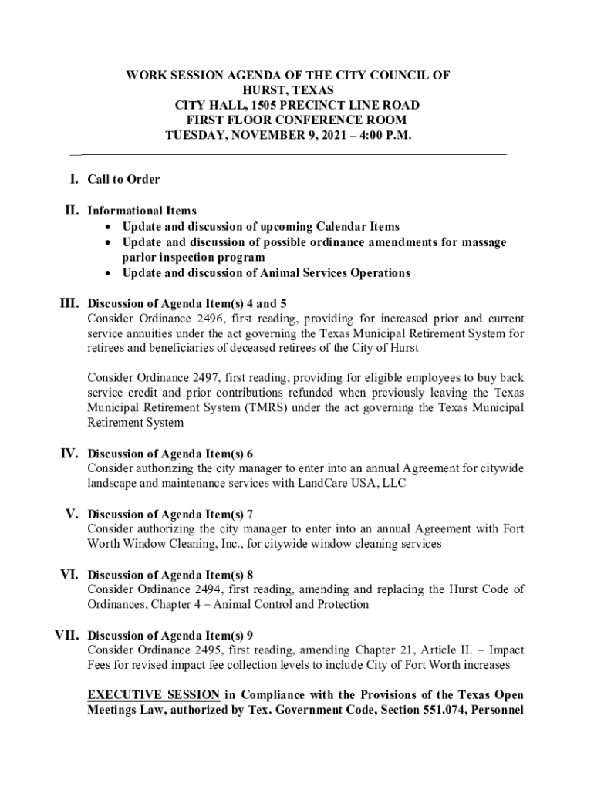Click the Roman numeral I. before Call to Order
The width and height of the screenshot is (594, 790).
73,179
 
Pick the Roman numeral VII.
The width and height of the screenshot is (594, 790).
65,636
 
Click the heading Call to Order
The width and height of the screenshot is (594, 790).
123,180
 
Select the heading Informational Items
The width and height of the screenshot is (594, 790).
142,211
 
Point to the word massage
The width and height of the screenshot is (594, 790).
484,242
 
